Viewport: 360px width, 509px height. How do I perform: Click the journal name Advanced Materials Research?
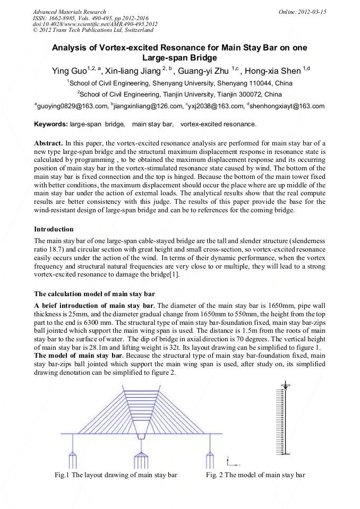coord(69,12)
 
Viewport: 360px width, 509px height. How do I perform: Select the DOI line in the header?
coord(95,24)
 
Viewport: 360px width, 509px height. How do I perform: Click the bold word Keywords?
coord(50,125)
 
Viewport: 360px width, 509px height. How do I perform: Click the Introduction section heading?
coord(54,229)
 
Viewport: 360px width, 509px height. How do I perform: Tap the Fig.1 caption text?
coord(116,475)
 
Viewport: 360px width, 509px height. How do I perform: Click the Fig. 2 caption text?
coord(255,475)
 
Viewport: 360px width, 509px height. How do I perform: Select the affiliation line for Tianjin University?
coord(179,94)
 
